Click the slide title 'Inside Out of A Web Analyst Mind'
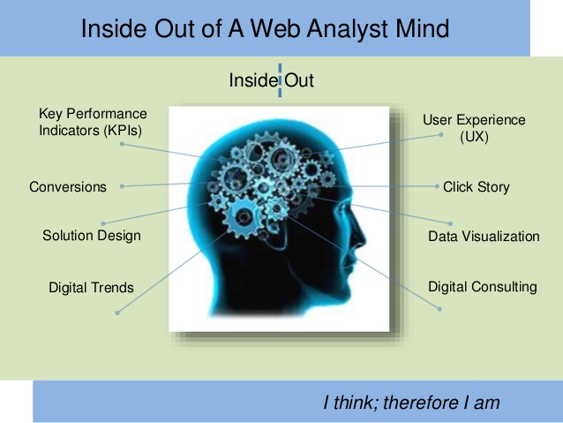click(265, 28)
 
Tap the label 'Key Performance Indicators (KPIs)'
click(93, 122)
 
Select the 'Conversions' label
click(68, 187)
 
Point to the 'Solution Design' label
click(92, 236)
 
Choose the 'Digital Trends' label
click(91, 288)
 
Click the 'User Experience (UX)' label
click(474, 128)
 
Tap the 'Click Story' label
click(477, 187)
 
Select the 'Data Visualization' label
click(484, 237)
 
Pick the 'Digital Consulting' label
click(483, 287)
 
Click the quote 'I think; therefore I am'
click(411, 402)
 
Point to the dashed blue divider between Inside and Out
click(280, 80)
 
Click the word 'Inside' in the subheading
click(252, 79)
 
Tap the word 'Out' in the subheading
click(299, 80)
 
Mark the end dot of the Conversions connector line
click(122, 186)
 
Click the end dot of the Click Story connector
click(437, 186)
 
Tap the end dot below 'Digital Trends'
click(117, 313)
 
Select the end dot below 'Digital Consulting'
click(439, 309)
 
